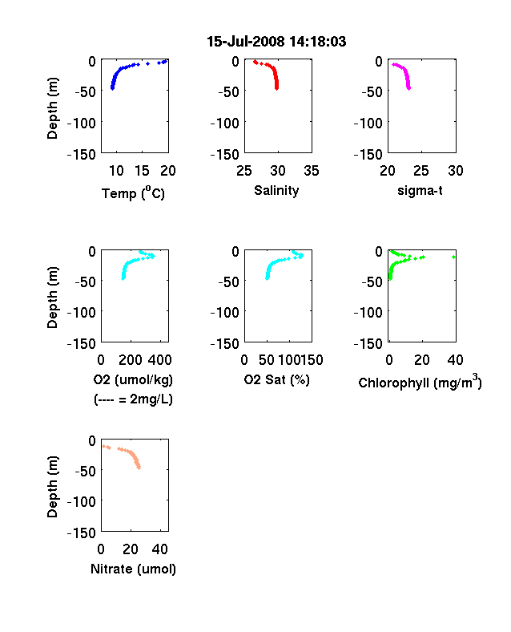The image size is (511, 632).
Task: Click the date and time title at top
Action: click(276, 42)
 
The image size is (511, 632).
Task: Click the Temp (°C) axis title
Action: click(133, 193)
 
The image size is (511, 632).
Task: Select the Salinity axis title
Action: click(276, 190)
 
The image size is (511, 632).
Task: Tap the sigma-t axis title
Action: click(420, 190)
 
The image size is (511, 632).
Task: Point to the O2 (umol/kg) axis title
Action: click(133, 379)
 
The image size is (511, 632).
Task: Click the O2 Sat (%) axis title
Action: click(277, 379)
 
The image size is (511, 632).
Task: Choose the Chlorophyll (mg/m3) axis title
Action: click(420, 382)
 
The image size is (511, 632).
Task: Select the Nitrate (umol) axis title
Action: click(133, 569)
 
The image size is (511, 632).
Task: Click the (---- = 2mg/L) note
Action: click(133, 399)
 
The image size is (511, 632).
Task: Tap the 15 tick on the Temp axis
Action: click(142, 171)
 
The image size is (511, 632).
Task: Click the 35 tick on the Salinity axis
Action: click(312, 171)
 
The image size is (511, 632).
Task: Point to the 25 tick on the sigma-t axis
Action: click(420, 171)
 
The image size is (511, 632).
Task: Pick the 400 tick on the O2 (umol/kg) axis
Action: click(160, 360)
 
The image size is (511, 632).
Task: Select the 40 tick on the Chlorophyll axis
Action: click(455, 360)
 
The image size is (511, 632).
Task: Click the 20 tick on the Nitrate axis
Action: click(131, 549)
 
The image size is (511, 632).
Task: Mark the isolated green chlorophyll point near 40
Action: click(454, 257)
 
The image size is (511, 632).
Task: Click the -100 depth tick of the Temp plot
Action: click(82, 123)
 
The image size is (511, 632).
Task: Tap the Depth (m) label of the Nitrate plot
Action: click(52, 487)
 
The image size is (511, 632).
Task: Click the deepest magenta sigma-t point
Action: click(408, 88)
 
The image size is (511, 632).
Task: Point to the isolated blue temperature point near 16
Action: click(147, 63)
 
